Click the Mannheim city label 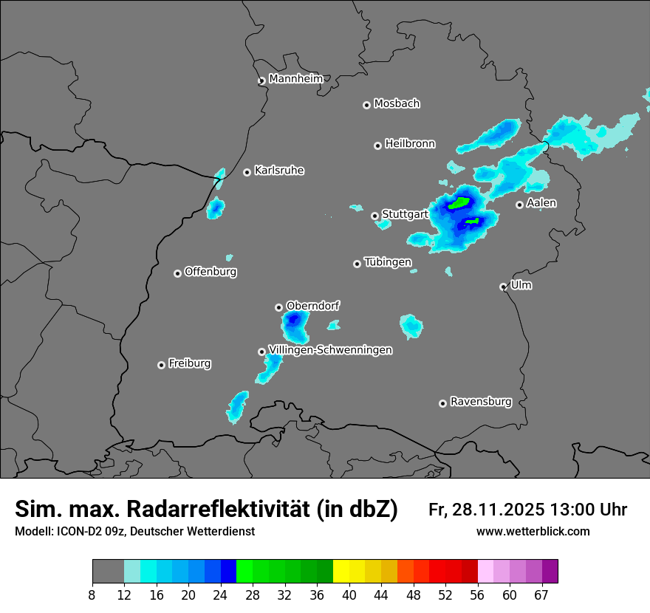(x=296, y=78)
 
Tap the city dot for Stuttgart (x=375, y=216)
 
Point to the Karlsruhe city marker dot (x=247, y=172)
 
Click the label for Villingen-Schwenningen (x=330, y=350)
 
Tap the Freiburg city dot (x=161, y=365)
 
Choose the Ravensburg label (x=480, y=402)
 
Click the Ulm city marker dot (x=503, y=287)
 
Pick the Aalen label (x=541, y=202)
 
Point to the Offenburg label (x=211, y=271)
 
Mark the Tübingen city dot (x=357, y=264)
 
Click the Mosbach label (x=397, y=103)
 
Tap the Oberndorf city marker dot (x=278, y=307)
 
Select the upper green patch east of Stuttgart (x=460, y=202)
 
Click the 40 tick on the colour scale (x=349, y=595)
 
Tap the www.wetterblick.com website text (x=533, y=531)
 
